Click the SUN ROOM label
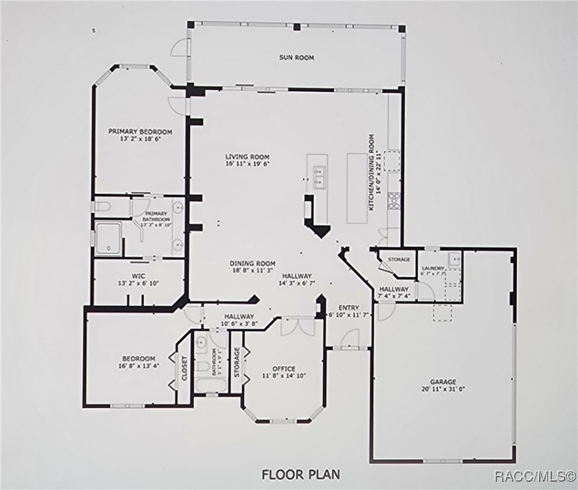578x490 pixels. (x=296, y=57)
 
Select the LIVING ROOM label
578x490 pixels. (x=247, y=156)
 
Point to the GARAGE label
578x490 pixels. (x=442, y=382)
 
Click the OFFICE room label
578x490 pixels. (x=283, y=369)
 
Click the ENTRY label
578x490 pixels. (x=348, y=308)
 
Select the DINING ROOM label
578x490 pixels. (x=253, y=263)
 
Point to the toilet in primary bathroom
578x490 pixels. (x=102, y=206)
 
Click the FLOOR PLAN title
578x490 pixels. (x=300, y=474)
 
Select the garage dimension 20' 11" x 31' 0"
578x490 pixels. (x=442, y=389)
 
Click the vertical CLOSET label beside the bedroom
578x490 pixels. (x=184, y=368)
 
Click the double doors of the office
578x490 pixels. (x=297, y=327)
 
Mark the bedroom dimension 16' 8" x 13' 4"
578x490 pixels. (x=138, y=366)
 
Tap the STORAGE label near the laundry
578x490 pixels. (x=398, y=260)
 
